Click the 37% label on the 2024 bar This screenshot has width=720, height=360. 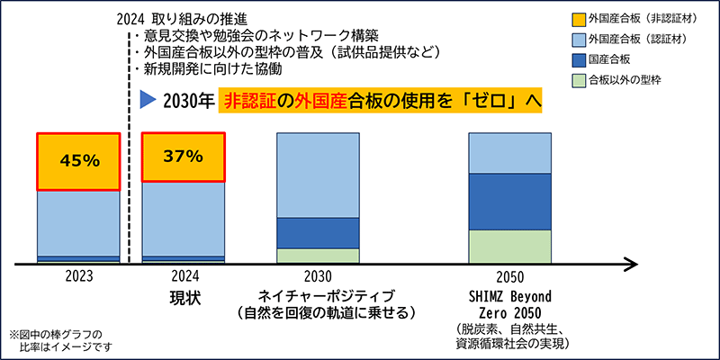click(x=183, y=156)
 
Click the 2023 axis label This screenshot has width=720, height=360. click(x=77, y=277)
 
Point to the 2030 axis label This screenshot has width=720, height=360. click(x=318, y=277)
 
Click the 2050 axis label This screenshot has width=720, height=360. click(x=509, y=277)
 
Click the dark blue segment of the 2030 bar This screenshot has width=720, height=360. click(x=318, y=232)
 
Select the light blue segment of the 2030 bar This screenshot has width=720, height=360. click(x=318, y=175)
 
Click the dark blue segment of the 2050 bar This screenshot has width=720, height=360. click(x=509, y=202)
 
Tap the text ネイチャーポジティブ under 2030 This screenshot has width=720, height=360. click(x=318, y=295)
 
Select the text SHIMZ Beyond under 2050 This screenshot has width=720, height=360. click(x=509, y=295)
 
